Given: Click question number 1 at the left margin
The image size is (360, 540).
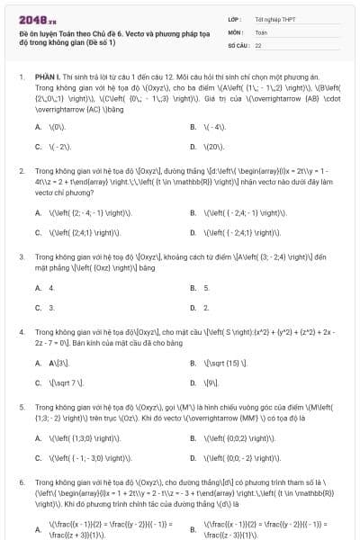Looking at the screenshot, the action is [20, 78].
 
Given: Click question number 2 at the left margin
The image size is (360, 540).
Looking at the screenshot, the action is [20, 169].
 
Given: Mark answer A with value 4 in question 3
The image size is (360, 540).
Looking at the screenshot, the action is [51, 288].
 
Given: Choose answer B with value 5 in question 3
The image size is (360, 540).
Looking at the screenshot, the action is [206, 288].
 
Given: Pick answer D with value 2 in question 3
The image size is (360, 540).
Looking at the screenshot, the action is [206, 308].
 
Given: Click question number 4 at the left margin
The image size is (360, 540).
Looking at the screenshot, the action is [20, 332].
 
